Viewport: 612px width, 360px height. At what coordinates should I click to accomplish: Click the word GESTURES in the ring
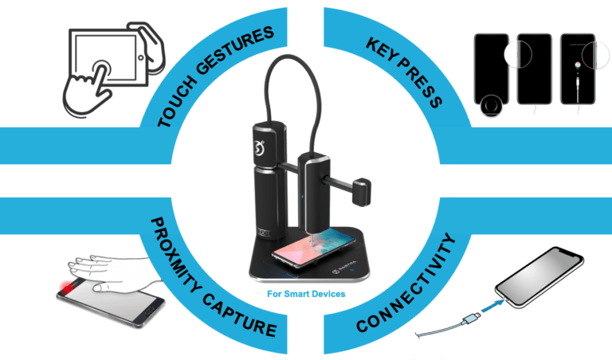[x=235, y=49]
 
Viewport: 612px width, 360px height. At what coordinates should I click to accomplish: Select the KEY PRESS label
[x=405, y=72]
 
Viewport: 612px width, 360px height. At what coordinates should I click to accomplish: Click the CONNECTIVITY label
[x=406, y=284]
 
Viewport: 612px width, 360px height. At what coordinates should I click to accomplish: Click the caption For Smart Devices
[x=306, y=294]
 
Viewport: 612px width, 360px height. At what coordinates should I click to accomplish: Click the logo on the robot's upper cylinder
[x=259, y=148]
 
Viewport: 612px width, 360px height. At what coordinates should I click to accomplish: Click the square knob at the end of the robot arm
[x=362, y=192]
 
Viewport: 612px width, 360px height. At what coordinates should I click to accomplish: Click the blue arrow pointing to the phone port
[x=492, y=305]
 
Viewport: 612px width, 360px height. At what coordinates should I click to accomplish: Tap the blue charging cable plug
[x=470, y=320]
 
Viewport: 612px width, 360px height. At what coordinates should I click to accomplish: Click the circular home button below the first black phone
[x=491, y=105]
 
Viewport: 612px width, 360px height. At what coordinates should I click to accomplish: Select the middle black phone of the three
[x=534, y=69]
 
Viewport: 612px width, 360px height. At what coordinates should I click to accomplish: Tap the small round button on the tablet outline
[x=140, y=57]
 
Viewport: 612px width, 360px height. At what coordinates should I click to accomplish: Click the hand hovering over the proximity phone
[x=113, y=273]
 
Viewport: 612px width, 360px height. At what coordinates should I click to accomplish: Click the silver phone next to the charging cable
[x=539, y=276]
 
